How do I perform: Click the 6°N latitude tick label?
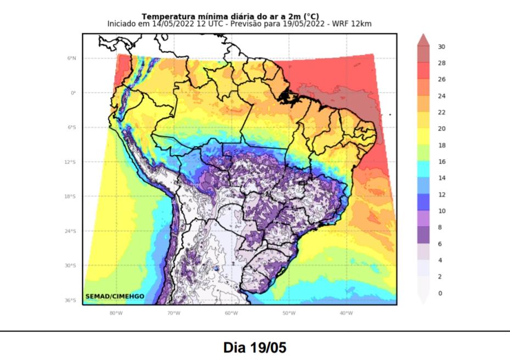pos(72,58)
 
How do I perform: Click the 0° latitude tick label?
pos(73,93)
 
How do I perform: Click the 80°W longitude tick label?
pos(115,313)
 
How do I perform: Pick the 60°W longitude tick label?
pos(231,313)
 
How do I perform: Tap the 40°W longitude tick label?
pos(346,313)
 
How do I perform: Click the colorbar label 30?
pos(441,47)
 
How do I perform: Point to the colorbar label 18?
pos(441,145)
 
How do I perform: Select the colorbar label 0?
pos(440,294)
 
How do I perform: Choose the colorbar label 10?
pos(441,211)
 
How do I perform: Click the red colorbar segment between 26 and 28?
pos(423,71)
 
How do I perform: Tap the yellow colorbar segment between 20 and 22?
pos(423,121)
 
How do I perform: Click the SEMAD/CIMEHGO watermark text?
pos(115,296)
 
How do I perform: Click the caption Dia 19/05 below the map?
pos(255,347)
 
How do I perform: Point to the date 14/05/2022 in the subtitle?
pos(171,24)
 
